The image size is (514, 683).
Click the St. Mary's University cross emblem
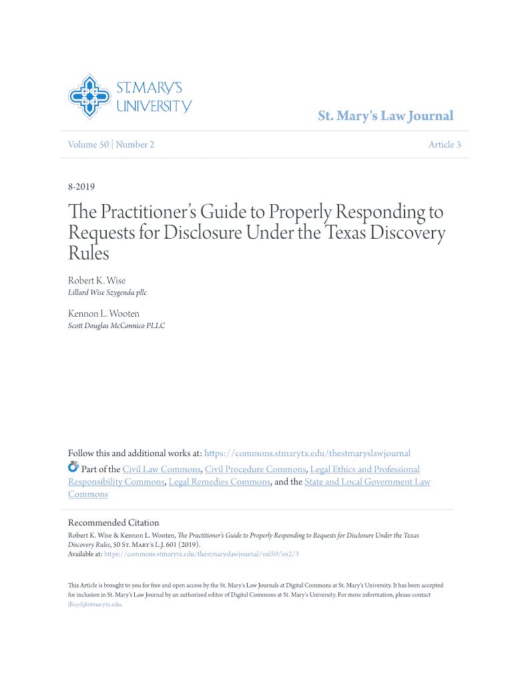tap(89, 97)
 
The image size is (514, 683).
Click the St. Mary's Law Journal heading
tap(385, 116)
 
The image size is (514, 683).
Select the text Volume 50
tap(88, 145)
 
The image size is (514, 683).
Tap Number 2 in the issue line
tap(136, 145)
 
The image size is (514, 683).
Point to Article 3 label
tap(444, 145)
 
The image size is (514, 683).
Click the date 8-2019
tap(81, 187)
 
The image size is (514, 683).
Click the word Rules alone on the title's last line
tap(88, 253)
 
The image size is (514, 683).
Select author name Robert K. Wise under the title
tap(97, 280)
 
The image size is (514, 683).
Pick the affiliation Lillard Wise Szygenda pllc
tap(107, 292)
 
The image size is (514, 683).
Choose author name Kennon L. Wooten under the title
tap(103, 313)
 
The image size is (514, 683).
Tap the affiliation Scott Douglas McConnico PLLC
tap(116, 325)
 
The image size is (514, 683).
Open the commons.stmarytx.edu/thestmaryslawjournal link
tap(307, 454)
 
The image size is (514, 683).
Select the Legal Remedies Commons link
tap(220, 482)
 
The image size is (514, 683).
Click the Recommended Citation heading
tap(113, 522)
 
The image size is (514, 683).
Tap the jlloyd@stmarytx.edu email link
tap(94, 604)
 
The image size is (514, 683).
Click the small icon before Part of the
tap(73, 467)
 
